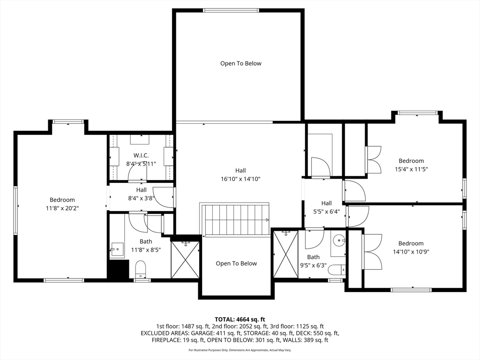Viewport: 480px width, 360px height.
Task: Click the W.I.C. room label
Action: point(141,156)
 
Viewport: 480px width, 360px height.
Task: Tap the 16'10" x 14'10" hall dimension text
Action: point(240,179)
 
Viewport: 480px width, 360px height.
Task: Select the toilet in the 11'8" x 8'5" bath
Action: point(141,269)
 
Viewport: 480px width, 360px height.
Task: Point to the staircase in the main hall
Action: point(234,219)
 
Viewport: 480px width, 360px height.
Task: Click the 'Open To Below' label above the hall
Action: point(241,63)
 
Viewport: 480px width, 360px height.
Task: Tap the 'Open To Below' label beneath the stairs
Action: point(236,263)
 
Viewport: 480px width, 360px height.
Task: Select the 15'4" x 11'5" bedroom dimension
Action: point(411,169)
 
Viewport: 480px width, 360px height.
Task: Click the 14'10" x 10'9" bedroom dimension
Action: point(411,252)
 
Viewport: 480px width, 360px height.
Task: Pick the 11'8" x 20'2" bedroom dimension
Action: point(62,208)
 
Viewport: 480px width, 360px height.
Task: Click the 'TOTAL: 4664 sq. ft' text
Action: point(240,320)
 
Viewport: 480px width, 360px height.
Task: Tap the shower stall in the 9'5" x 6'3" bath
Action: point(285,254)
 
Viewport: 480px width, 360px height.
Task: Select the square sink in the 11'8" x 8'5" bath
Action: point(117,249)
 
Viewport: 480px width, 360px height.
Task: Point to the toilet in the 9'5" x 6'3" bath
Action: point(337,270)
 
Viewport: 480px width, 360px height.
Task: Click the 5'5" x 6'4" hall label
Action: point(327,207)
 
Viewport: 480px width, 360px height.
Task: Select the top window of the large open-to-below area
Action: point(231,10)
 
